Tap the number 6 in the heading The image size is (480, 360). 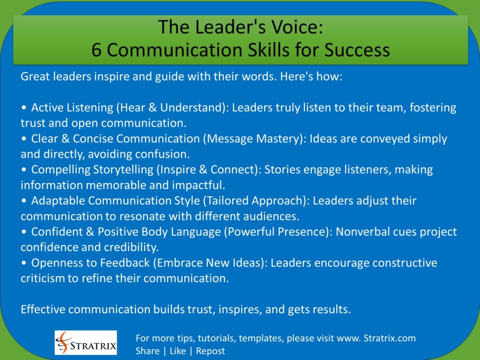[97, 50]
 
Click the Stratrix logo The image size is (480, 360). [86, 343]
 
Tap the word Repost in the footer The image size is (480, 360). [210, 351]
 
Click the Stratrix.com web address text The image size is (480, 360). [390, 338]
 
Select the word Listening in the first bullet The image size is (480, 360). [89, 108]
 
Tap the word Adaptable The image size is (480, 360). [58, 201]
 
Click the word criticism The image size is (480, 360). [43, 278]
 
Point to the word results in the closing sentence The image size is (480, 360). [331, 309]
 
